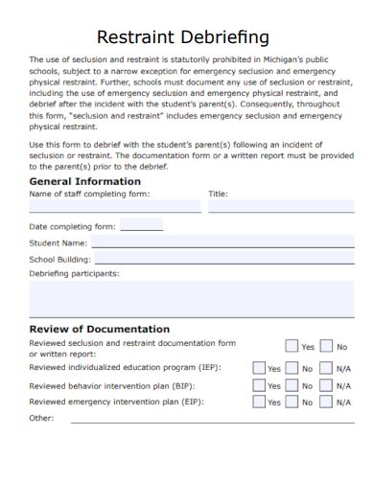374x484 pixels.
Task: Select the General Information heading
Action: click(85, 180)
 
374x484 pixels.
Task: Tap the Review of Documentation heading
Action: click(100, 329)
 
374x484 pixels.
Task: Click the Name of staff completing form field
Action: click(114, 205)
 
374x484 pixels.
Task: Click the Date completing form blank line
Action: click(141, 227)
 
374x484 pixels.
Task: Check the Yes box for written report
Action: click(292, 346)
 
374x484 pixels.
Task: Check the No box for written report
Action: click(326, 346)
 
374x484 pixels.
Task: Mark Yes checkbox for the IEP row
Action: click(258, 367)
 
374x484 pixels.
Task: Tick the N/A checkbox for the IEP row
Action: click(326, 367)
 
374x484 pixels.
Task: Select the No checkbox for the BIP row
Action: click(292, 385)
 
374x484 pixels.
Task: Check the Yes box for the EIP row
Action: click(258, 403)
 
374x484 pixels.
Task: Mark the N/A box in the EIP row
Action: click(326, 403)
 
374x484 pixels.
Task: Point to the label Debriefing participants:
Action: click(74, 273)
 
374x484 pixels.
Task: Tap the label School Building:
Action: click(59, 259)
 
